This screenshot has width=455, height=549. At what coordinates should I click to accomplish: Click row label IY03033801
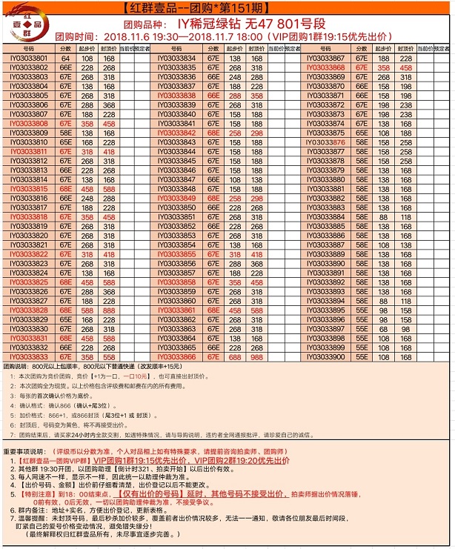[29, 58]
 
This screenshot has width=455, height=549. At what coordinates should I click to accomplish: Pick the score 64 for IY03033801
[65, 58]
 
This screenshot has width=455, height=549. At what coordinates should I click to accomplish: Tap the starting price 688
[236, 356]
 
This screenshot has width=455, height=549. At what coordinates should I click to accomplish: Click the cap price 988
[257, 356]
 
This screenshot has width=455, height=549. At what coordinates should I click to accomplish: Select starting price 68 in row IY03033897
[384, 327]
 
